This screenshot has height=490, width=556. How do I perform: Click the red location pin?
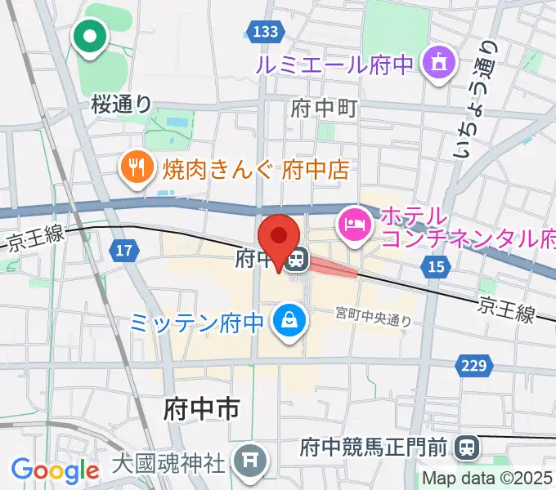point(278,238)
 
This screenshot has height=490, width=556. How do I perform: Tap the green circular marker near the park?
point(90,35)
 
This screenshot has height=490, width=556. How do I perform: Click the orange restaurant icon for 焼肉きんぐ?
point(135,169)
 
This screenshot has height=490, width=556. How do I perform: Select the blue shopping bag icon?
point(289,319)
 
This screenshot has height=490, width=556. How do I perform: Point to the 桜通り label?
point(121,104)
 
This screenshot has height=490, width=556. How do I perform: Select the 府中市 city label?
point(202,406)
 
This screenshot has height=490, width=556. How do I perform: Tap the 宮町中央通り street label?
point(374,317)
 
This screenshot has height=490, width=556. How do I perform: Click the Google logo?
point(55,470)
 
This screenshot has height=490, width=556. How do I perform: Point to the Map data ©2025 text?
point(488,479)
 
